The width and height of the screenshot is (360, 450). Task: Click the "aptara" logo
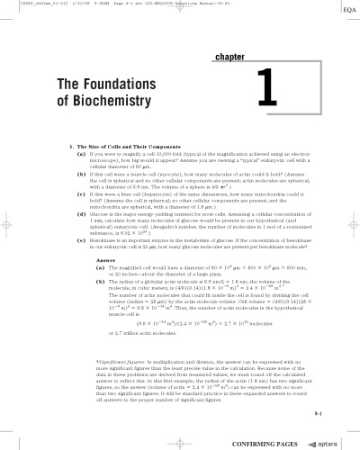click(325, 444)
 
